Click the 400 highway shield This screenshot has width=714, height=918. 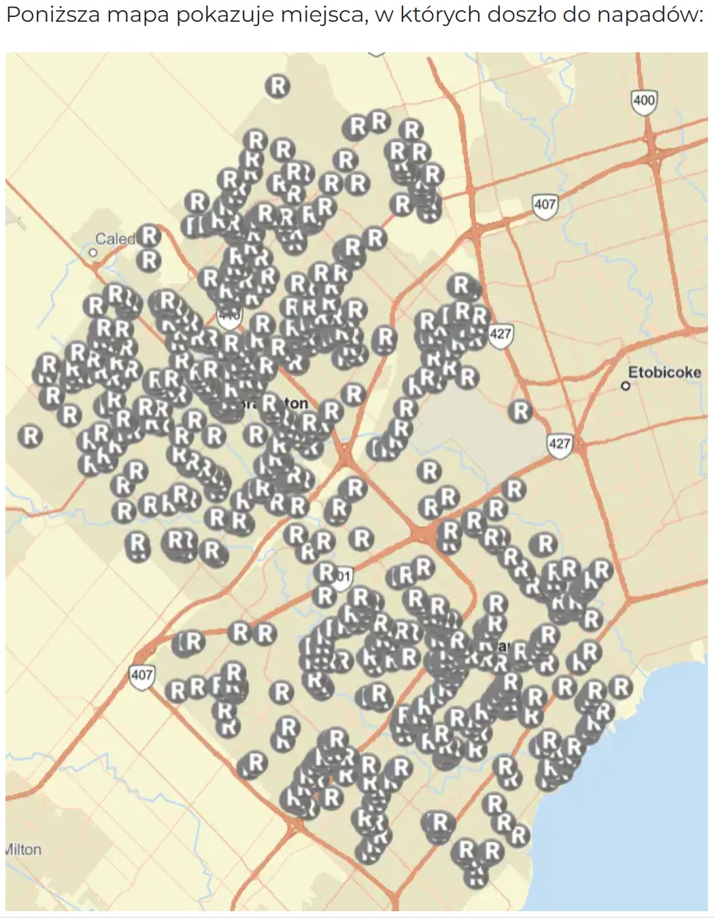pyautogui.click(x=643, y=101)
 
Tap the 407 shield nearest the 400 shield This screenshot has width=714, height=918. pyautogui.click(x=545, y=204)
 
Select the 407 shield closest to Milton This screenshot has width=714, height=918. pyautogui.click(x=141, y=675)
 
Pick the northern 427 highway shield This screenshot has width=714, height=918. pyautogui.click(x=500, y=334)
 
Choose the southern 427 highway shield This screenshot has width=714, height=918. pyautogui.click(x=559, y=444)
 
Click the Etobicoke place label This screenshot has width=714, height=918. pyautogui.click(x=664, y=372)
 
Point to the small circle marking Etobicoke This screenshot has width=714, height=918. pyautogui.click(x=626, y=386)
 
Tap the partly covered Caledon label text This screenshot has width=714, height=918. pyautogui.click(x=114, y=239)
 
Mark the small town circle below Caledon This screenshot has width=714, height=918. pyautogui.click(x=94, y=253)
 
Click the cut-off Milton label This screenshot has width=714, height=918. pyautogui.click(x=23, y=849)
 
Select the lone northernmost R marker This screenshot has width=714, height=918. pyautogui.click(x=277, y=86)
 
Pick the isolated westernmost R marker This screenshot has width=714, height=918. pyautogui.click(x=31, y=436)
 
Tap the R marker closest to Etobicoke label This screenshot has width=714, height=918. pyautogui.click(x=521, y=411)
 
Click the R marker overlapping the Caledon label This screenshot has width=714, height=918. pyautogui.click(x=149, y=236)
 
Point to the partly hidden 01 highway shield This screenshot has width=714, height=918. pyautogui.click(x=342, y=577)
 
